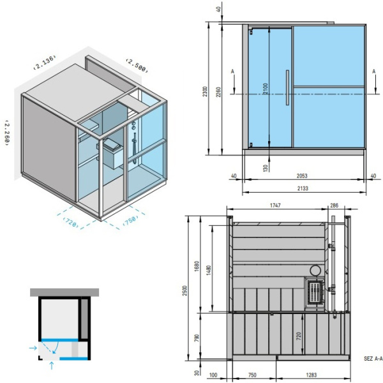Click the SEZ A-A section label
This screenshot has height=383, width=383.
click(373, 359)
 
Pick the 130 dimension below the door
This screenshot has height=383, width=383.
click(265, 167)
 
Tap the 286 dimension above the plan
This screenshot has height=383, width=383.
click(334, 206)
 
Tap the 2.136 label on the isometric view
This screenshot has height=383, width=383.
click(45, 62)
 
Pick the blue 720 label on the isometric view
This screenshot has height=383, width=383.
click(71, 221)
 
